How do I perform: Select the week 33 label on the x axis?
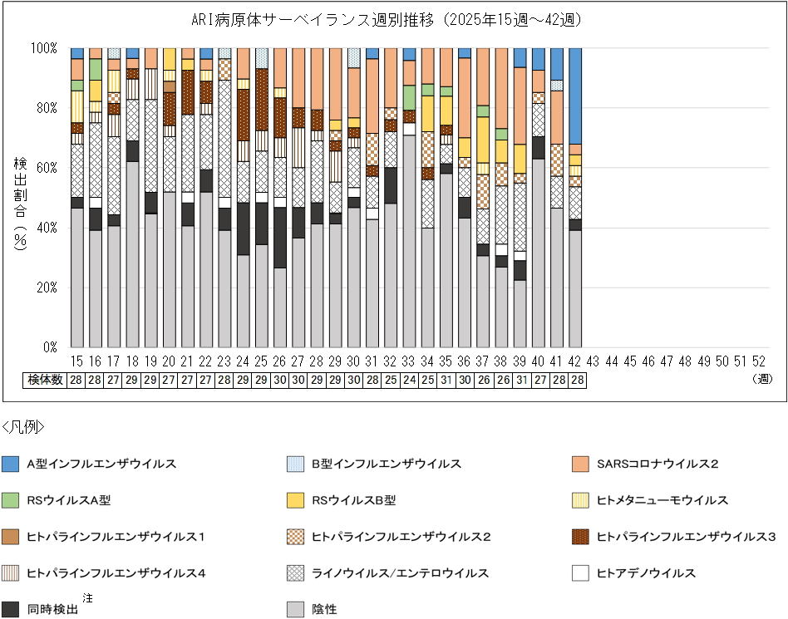[408, 362]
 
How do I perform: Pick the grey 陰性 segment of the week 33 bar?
[408, 241]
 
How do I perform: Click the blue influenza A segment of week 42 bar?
[574, 96]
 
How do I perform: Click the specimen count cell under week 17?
[114, 380]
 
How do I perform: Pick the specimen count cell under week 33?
[408, 380]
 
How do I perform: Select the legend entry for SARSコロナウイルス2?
[657, 464]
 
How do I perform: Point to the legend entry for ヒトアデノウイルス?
[646, 573]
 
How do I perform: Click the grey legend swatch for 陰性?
[295, 610]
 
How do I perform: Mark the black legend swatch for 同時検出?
[11, 610]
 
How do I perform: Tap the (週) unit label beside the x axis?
[759, 380]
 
